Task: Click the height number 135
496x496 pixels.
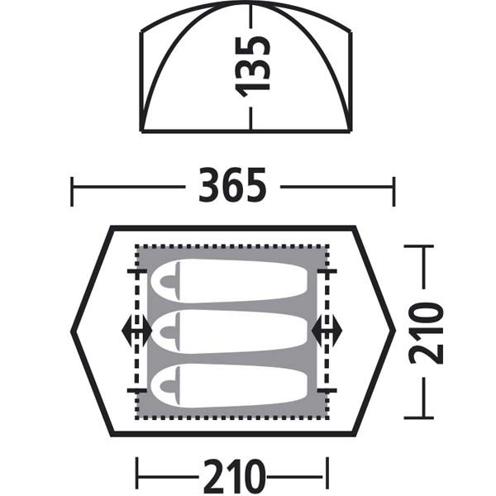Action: [x=254, y=67]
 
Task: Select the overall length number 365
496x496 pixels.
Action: [x=232, y=185]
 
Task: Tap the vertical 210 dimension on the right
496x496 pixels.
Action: [x=426, y=333]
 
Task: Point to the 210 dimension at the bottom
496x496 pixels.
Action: [x=233, y=477]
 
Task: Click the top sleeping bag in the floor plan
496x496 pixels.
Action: [x=229, y=281]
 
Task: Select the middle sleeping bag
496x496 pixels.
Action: [x=229, y=331]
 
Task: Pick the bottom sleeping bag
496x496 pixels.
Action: [x=229, y=384]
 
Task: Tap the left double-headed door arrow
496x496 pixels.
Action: [x=136, y=331]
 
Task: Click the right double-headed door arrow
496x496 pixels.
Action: [x=327, y=331]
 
